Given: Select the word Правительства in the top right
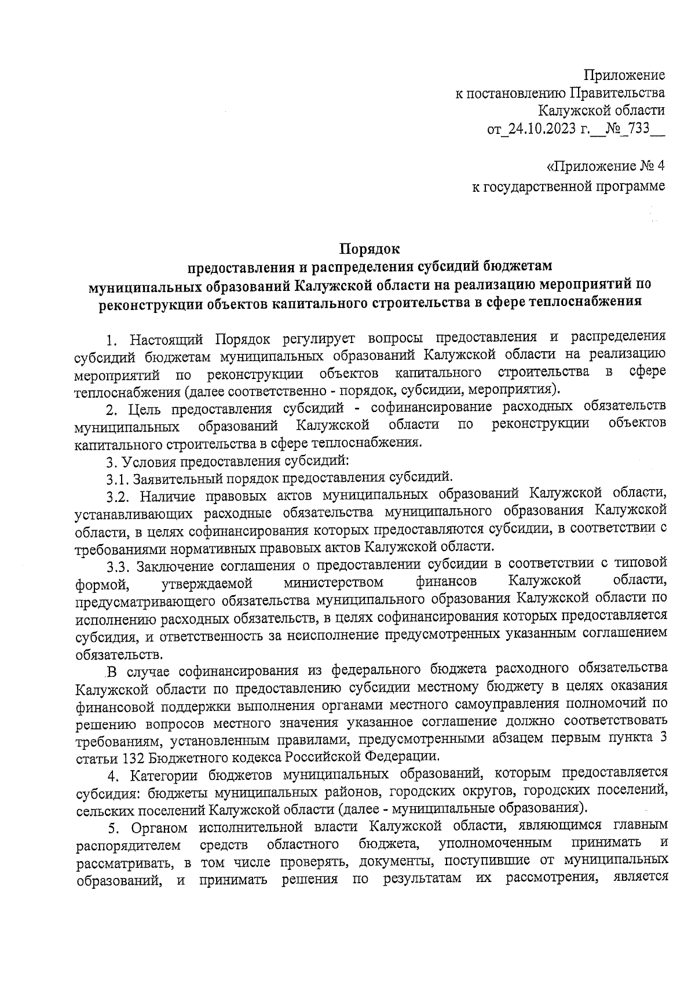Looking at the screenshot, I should (617, 92).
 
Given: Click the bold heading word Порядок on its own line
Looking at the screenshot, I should (370, 249).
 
